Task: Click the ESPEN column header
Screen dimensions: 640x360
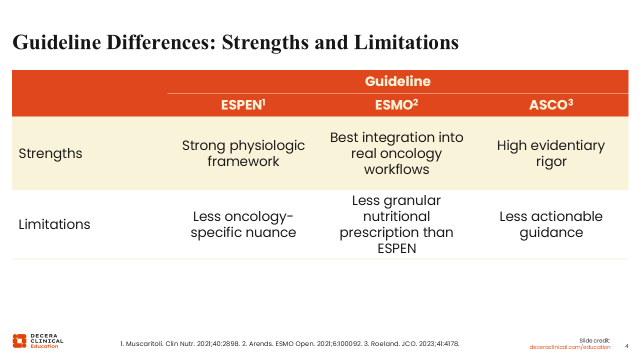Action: click(243, 104)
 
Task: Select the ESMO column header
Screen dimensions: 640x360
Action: click(396, 104)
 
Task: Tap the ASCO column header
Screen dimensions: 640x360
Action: click(551, 104)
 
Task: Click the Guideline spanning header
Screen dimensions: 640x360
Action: click(397, 81)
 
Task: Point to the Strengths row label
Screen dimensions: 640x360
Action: click(50, 153)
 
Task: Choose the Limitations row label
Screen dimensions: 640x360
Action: click(54, 224)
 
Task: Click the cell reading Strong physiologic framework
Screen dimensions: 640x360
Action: click(243, 153)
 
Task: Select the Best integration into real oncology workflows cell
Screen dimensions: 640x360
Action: click(396, 153)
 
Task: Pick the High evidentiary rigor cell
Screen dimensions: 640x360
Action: click(551, 153)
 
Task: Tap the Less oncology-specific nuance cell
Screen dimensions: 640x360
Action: click(243, 224)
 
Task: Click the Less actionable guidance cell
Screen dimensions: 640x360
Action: click(551, 224)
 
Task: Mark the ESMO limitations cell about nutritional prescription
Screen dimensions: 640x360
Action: click(396, 224)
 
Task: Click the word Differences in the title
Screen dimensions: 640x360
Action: click(161, 42)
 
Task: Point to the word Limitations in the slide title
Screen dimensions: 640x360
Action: click(406, 42)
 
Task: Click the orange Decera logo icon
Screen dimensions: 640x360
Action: click(19, 341)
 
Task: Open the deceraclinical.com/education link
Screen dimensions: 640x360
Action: click(569, 347)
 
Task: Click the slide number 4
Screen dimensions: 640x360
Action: click(626, 346)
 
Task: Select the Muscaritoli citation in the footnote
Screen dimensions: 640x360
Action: click(180, 343)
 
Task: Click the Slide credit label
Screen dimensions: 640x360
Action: click(594, 340)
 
